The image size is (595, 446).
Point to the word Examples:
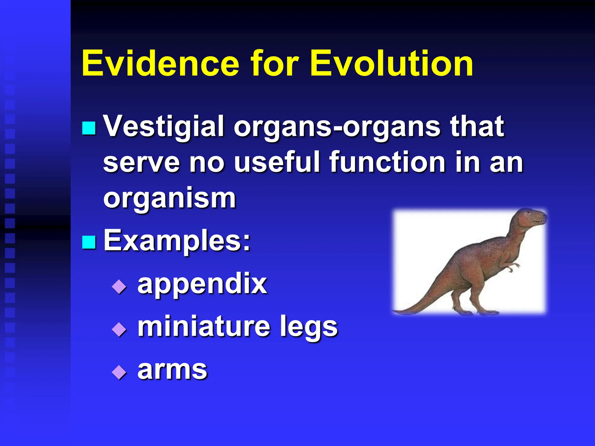[x=177, y=240]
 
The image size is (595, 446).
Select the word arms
[x=172, y=370]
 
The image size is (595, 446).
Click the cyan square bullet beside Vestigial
[x=89, y=128]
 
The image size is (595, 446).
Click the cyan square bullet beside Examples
[x=89, y=242]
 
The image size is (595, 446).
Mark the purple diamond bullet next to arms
[x=119, y=372]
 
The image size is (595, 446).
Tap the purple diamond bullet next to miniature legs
[x=119, y=329]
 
